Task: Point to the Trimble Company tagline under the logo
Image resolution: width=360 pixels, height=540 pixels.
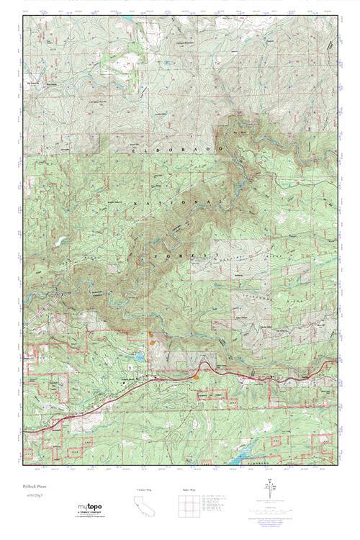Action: point(90,516)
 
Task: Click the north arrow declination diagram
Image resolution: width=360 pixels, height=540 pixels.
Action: point(269,494)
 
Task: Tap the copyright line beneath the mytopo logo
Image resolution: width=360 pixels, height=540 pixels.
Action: point(90,520)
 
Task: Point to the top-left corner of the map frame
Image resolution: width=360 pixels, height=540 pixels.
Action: point(22,15)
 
